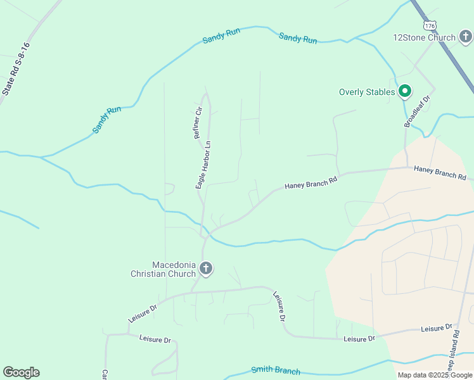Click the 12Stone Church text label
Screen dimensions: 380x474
(x=424, y=37)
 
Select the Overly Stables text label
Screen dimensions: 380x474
(x=367, y=92)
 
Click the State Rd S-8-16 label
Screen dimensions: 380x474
(x=16, y=68)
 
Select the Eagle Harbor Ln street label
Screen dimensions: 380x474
(x=203, y=165)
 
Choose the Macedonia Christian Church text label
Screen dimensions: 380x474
(x=163, y=269)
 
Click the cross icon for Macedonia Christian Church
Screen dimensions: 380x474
(x=205, y=269)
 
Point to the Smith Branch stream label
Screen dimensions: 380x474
(x=275, y=370)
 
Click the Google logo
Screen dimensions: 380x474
(x=21, y=372)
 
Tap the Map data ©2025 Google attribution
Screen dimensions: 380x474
(x=435, y=375)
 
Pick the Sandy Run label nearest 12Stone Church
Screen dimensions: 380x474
(x=298, y=39)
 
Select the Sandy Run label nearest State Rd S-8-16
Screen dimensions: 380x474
(x=106, y=120)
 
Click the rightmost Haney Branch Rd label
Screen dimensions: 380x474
(x=440, y=172)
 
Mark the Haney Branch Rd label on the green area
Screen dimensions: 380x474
(x=311, y=184)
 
